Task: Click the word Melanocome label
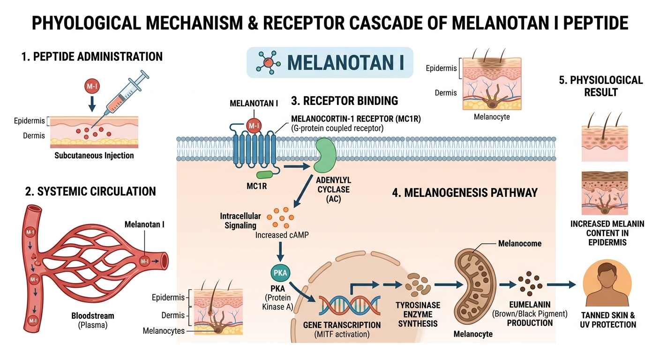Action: click(x=519, y=244)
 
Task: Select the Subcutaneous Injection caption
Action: click(x=94, y=155)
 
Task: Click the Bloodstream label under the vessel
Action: click(x=93, y=316)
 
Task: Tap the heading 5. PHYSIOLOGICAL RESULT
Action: click(x=600, y=86)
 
